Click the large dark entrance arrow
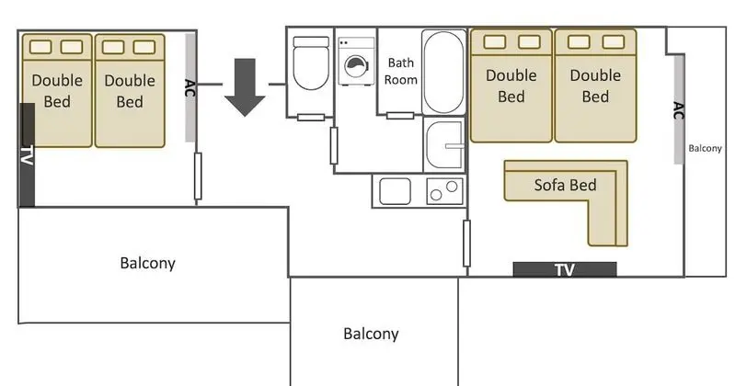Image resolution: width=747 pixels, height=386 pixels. point(245,87)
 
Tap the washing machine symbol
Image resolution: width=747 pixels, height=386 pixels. point(356,62)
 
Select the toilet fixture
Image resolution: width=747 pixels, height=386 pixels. point(311,63)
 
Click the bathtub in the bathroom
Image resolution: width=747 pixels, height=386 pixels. point(443,72)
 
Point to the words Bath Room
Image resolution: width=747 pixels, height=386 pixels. point(401,72)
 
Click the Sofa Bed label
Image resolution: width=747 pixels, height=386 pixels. point(565,185)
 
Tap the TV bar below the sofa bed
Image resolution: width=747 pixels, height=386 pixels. point(565,269)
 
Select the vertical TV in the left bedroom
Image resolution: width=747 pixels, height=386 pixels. point(27,155)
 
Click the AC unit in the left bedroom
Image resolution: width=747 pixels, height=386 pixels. point(190,87)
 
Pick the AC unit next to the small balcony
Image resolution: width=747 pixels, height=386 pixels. point(679,109)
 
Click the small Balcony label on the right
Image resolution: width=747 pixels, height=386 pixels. point(705,149)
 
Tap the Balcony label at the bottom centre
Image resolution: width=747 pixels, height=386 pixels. point(371,334)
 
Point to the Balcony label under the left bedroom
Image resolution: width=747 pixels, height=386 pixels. point(148,263)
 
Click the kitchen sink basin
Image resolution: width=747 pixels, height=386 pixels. point(395,191)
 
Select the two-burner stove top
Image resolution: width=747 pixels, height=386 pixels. point(444,191)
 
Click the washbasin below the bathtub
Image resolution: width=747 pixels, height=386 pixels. point(444,144)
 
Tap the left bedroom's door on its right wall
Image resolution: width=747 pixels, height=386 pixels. point(198,176)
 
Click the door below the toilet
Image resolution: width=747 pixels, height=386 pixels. point(311,117)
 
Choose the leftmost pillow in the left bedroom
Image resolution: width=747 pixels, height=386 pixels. point(40,47)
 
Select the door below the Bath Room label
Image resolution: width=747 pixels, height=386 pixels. point(400,115)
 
